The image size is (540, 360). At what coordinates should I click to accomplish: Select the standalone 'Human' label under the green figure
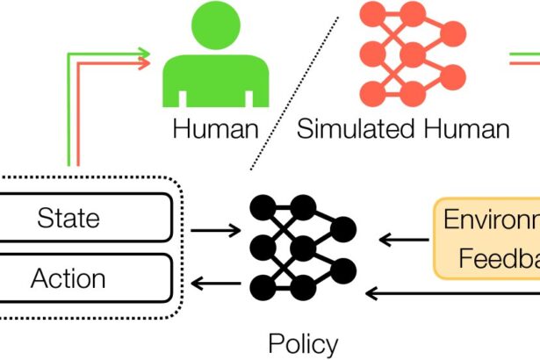tap(215, 130)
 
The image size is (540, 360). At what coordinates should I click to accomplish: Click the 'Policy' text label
tap(302, 342)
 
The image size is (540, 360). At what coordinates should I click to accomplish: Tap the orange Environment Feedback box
tap(487, 238)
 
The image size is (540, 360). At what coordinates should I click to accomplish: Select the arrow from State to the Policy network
tap(215, 232)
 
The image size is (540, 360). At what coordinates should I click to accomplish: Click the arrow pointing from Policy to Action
tap(215, 283)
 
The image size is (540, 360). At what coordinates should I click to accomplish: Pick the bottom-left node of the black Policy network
tap(261, 286)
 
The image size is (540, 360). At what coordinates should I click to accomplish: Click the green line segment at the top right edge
tap(527, 54)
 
